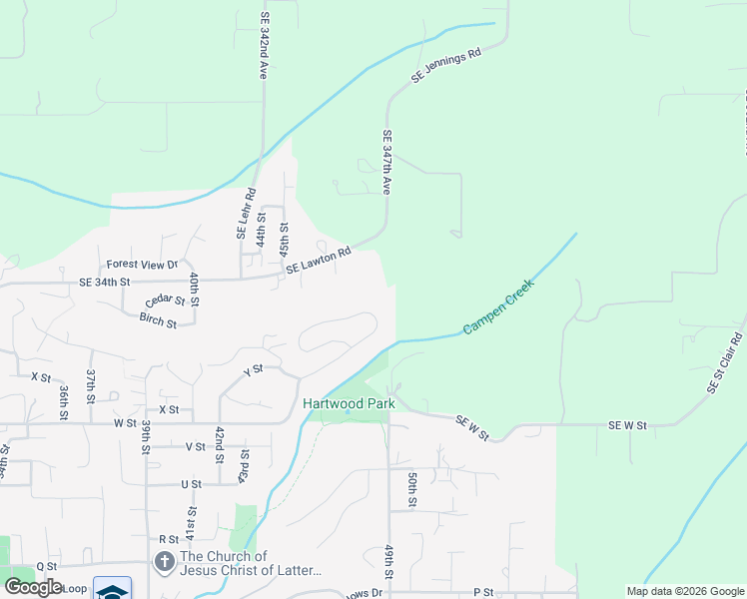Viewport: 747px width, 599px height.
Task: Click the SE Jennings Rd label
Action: point(445,66)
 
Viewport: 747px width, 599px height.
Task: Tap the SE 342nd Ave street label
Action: point(264,46)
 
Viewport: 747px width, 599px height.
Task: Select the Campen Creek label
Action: point(498,306)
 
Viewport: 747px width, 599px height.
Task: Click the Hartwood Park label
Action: point(350,404)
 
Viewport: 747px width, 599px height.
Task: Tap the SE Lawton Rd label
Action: point(319,262)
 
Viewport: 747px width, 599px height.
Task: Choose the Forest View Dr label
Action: point(142,265)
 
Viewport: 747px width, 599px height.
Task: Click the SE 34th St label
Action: point(105,283)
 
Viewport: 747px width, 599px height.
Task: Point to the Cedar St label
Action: point(165,300)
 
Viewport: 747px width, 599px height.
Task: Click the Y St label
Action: point(253,370)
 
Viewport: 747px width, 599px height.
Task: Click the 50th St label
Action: point(410,488)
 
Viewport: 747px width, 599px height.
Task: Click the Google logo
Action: point(33,586)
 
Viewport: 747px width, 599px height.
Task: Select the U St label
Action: point(192,484)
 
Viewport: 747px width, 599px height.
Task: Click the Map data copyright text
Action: point(685,591)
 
